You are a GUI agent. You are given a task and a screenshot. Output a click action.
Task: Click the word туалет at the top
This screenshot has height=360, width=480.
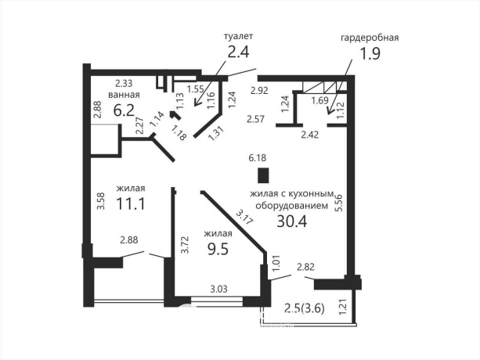[x=239, y=36]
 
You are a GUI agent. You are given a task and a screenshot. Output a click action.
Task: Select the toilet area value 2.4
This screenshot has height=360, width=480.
[x=239, y=52]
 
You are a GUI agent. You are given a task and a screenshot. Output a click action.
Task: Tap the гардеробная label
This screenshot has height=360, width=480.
[x=370, y=38]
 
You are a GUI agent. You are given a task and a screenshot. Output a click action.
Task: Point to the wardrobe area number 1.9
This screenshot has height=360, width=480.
[x=370, y=54]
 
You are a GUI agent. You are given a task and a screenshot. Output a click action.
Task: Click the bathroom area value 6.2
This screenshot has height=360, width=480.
[x=124, y=110]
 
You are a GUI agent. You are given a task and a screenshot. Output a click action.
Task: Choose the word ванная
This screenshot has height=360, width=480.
[x=124, y=95]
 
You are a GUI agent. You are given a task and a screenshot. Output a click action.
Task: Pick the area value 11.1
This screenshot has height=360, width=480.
[x=131, y=203]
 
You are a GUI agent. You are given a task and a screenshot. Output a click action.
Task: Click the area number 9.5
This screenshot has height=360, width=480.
[x=218, y=250]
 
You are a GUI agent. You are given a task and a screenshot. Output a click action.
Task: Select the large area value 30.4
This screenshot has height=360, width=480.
[x=292, y=221]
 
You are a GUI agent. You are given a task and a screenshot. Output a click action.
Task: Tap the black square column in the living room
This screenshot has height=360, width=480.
[x=263, y=175]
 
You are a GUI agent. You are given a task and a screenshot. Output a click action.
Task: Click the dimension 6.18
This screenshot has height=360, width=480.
[x=258, y=158]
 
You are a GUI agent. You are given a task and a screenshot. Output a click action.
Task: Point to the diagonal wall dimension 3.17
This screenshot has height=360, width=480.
[x=244, y=217]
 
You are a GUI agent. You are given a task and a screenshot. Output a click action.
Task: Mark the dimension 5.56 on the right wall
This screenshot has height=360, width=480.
[x=338, y=203]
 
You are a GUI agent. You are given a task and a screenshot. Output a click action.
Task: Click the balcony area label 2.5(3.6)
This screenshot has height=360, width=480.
[x=305, y=308]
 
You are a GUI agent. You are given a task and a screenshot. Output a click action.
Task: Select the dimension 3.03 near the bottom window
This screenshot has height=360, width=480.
[x=218, y=289]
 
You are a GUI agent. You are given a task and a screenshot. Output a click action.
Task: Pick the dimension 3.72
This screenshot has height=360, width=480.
[x=184, y=244]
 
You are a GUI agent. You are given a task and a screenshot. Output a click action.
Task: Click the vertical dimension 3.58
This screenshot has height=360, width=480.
[x=101, y=200]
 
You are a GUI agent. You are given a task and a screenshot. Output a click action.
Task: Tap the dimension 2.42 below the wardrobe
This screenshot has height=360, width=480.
[x=310, y=135]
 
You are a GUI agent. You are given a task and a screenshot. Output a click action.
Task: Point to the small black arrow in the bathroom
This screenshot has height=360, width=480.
[x=175, y=115]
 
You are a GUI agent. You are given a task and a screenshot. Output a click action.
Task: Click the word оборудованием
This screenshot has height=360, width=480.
[x=292, y=206]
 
